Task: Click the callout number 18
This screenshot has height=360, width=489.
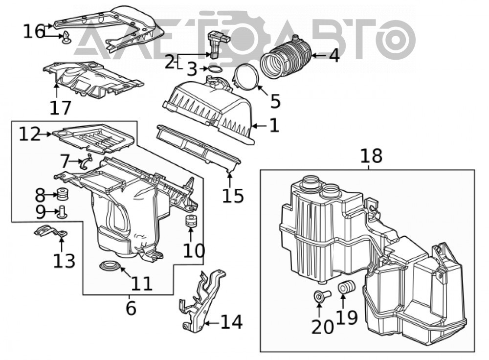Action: tap(371, 156)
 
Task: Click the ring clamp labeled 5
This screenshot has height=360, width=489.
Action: tap(246, 77)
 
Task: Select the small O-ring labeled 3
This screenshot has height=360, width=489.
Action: tap(214, 69)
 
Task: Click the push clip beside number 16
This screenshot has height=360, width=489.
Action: tap(67, 38)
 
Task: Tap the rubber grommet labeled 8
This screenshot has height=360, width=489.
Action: tap(63, 194)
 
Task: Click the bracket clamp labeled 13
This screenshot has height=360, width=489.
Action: tap(51, 232)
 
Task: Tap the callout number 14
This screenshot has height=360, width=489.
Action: tap(232, 322)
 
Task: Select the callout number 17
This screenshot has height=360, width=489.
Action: tap(61, 108)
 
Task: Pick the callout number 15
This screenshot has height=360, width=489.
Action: tap(233, 196)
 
